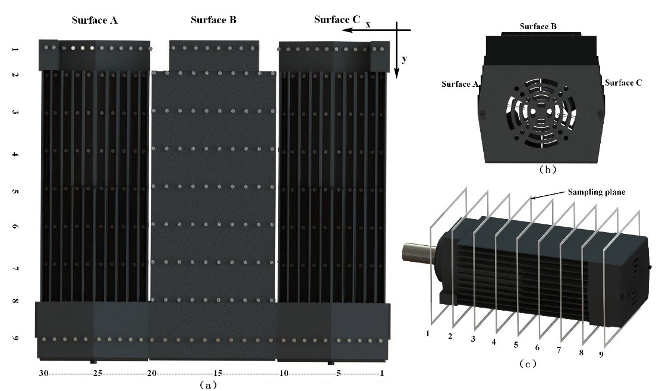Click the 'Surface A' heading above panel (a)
pyautogui.click(x=94, y=20)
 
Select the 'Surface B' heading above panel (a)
pyautogui.click(x=213, y=20)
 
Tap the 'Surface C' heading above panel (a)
pyautogui.click(x=337, y=20)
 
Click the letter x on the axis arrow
pyautogui.click(x=368, y=24)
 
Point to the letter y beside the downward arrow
pyautogui.click(x=404, y=59)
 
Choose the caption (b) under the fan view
pyautogui.click(x=547, y=170)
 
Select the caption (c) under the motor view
pyautogui.click(x=525, y=364)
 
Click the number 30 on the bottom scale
pyautogui.click(x=43, y=373)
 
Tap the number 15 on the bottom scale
pyautogui.click(x=218, y=373)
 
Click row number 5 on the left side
pyautogui.click(x=15, y=192)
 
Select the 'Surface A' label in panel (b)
pyautogui.click(x=461, y=84)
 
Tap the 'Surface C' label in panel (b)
pyautogui.click(x=623, y=83)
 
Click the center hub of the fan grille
pyautogui.click(x=541, y=111)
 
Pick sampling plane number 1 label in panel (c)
pyautogui.click(x=427, y=333)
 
